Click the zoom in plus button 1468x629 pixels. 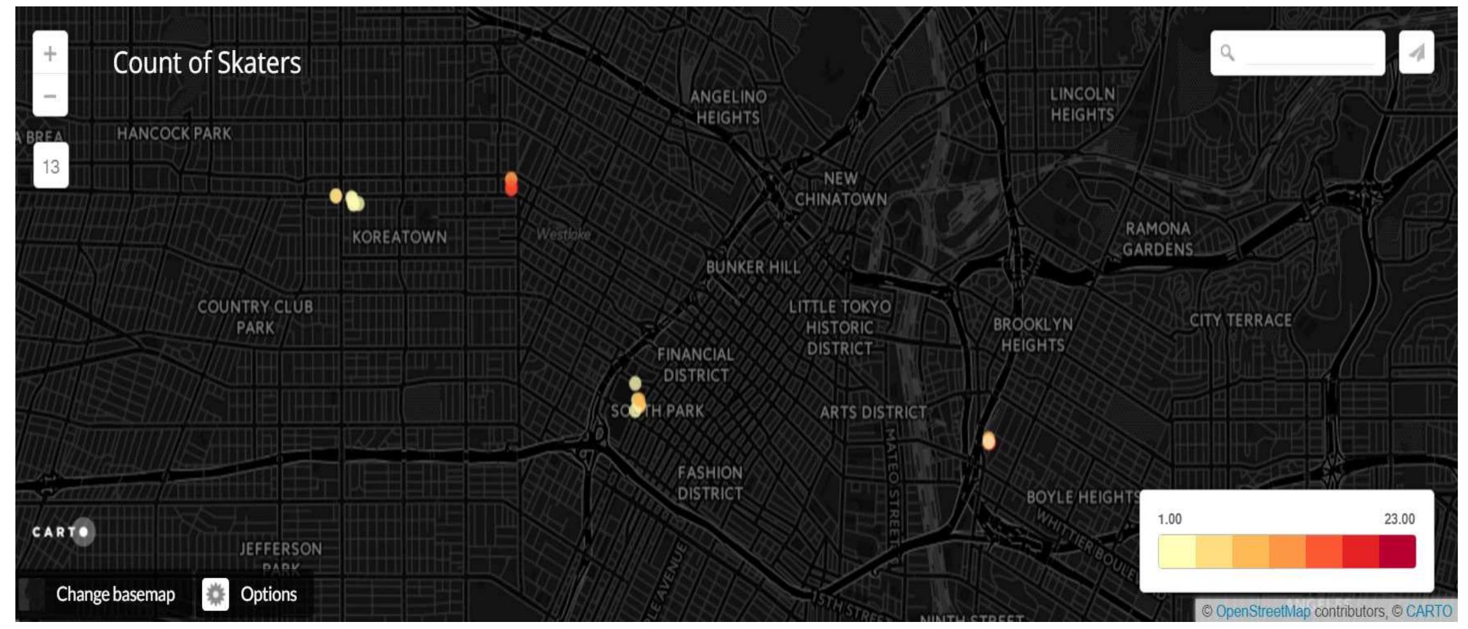tap(50, 53)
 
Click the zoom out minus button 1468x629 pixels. tap(50, 96)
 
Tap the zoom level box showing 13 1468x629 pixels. tap(51, 167)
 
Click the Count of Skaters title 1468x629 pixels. tap(206, 63)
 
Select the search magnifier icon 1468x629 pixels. tap(1227, 53)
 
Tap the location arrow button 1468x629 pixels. tap(1416, 53)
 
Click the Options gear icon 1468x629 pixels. tap(215, 594)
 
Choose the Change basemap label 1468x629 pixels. tap(115, 594)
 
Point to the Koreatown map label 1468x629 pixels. tap(399, 237)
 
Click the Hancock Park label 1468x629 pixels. tap(174, 134)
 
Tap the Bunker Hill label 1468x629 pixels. tap(753, 267)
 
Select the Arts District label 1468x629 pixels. tap(873, 413)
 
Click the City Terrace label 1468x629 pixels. tap(1240, 320)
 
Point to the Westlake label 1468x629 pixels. tap(563, 234)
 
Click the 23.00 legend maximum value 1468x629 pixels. tap(1399, 519)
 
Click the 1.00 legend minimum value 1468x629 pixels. tap(1169, 519)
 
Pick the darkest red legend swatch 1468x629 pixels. tap(1397, 551)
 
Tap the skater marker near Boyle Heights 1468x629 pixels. tap(988, 441)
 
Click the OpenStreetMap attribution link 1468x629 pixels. tap(1262, 612)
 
